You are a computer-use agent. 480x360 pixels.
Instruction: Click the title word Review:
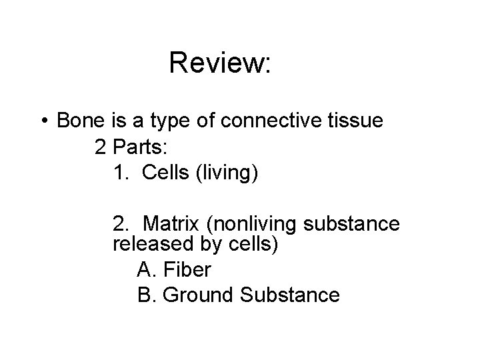click(220, 63)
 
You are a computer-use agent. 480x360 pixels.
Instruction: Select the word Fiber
click(187, 269)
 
